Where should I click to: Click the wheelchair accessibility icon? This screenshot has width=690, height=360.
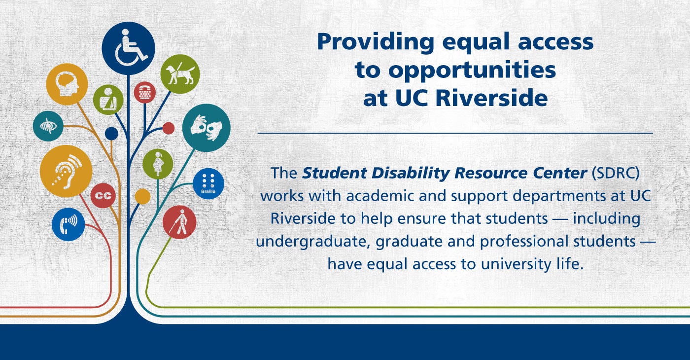tap(128, 48)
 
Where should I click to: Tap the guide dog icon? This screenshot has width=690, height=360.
tap(180, 74)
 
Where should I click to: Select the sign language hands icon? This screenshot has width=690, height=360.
tap(206, 128)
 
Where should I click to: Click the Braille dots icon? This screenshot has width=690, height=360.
tap(208, 183)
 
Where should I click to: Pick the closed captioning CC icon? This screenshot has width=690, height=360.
tap(103, 195)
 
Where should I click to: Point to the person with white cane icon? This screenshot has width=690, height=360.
tap(179, 222)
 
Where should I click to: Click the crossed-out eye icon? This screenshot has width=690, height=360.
tap(48, 126)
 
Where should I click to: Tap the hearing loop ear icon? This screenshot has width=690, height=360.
tap(66, 172)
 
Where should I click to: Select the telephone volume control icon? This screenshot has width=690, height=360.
tap(69, 224)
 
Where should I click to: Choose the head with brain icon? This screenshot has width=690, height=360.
tap(67, 84)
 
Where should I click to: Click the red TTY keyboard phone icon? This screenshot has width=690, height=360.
tap(144, 93)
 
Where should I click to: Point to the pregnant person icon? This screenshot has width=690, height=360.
tap(158, 164)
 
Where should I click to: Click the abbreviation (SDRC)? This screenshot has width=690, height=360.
tap(616, 173)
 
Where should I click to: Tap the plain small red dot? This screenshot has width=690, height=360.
tap(168, 128)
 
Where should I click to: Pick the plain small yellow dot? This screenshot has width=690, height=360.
tap(142, 196)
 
